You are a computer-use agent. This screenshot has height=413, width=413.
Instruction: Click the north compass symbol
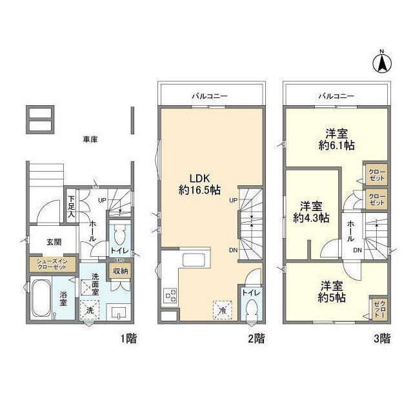[382, 62]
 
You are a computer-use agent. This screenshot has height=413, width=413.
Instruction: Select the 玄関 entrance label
[54, 243]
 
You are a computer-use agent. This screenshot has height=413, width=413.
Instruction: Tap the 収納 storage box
[121, 272]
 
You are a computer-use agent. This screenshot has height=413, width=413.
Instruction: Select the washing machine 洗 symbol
[90, 310]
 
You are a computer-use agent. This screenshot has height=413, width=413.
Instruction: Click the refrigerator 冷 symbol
[222, 309]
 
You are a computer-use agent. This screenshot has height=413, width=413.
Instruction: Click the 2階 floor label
[256, 338]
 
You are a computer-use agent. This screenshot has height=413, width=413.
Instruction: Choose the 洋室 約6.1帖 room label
[336, 140]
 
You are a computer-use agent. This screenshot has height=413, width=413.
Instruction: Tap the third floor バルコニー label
[336, 96]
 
